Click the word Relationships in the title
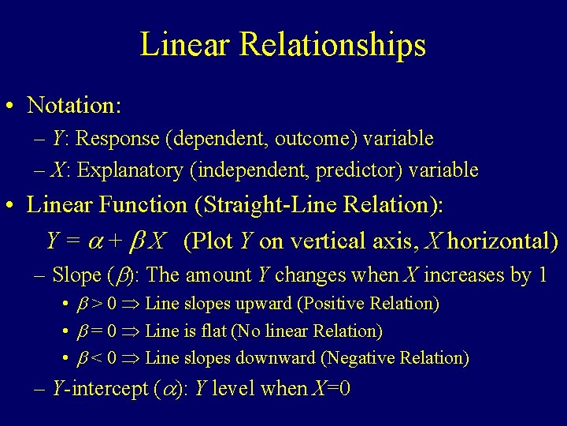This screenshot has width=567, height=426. (x=333, y=45)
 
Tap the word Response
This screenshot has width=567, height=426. (x=117, y=139)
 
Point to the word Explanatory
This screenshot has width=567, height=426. (x=125, y=170)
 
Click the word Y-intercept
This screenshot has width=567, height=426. (x=99, y=389)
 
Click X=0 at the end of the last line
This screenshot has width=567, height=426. (x=331, y=389)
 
